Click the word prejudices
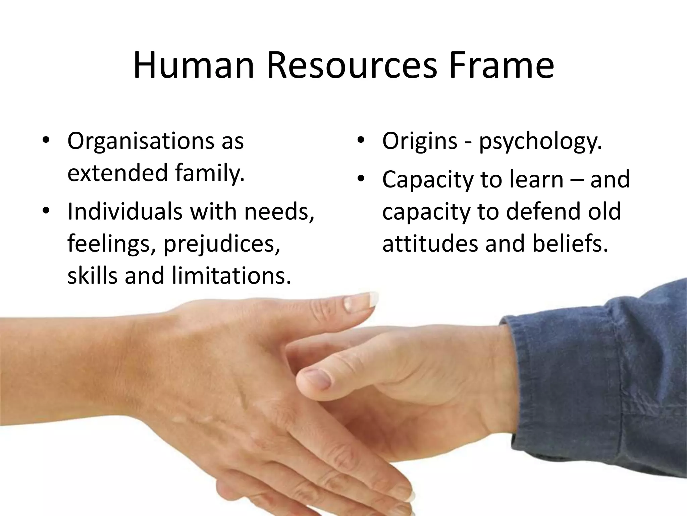(221, 245)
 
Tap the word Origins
(420, 141)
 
